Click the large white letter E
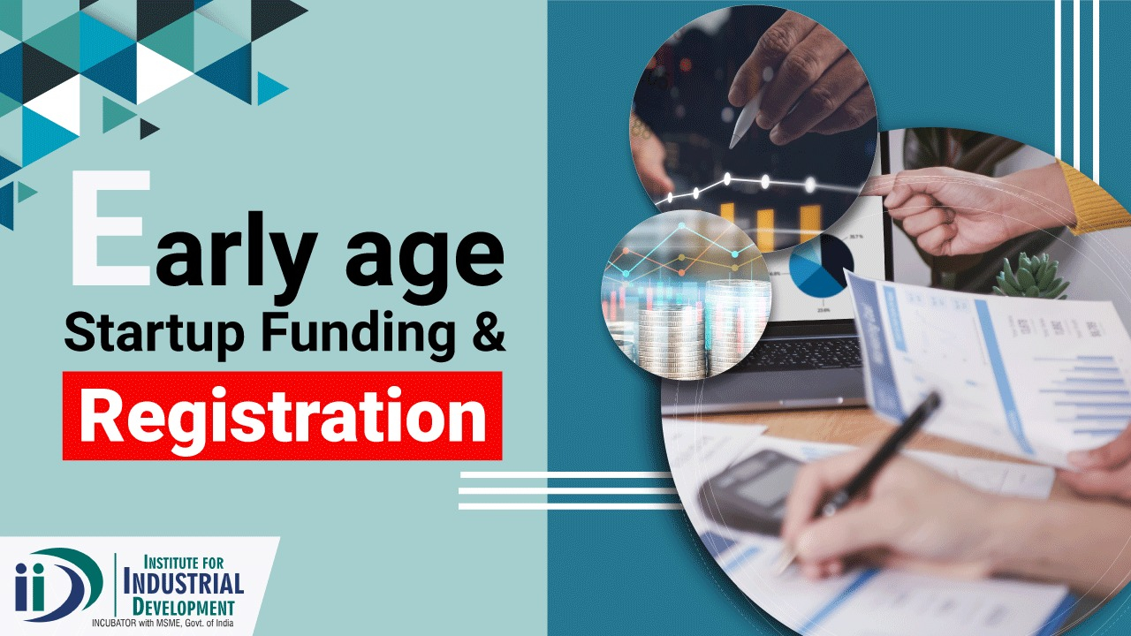point(111,227)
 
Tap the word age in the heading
point(425,261)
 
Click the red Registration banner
point(282,415)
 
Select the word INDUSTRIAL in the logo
point(184,585)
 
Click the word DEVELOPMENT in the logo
point(184,607)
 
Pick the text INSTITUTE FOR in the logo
point(184,562)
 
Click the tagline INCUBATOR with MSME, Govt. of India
point(163,624)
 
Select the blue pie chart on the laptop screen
point(822,265)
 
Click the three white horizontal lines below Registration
point(570,490)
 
